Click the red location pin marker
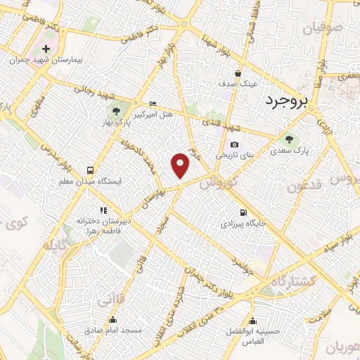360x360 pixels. point(181,165)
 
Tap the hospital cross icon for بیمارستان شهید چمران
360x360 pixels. point(46,49)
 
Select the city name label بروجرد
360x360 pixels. point(287,102)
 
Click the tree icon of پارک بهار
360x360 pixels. point(117,110)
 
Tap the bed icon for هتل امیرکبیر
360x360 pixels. point(153,104)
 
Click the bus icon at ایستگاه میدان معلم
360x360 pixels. point(90,170)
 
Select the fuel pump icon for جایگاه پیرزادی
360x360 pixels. point(243,212)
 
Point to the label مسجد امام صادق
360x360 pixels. point(113,329)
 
